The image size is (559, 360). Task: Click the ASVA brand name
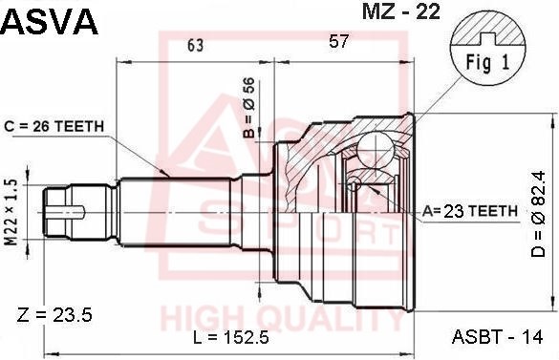[x=50, y=21]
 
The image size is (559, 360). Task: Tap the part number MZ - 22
[x=401, y=11]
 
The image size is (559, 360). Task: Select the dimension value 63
[x=196, y=45]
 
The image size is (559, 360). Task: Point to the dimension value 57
[x=338, y=41]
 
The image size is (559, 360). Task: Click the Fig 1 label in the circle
[x=488, y=63]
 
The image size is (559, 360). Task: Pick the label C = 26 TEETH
[x=54, y=126]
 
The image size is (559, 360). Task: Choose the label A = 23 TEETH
[x=470, y=211]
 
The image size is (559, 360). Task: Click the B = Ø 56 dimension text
[x=249, y=108]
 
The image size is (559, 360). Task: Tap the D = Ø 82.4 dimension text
[x=538, y=214]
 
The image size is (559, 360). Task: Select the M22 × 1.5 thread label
[x=11, y=213]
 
